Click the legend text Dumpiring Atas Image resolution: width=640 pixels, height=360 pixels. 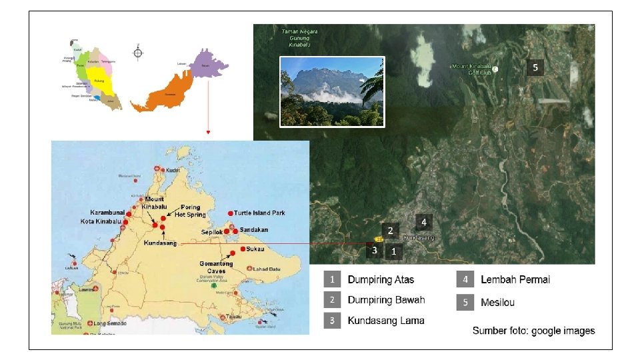pyautogui.click(x=381, y=279)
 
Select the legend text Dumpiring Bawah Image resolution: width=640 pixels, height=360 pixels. pyautogui.click(x=386, y=300)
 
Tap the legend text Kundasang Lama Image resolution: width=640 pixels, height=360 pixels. pyautogui.click(x=386, y=321)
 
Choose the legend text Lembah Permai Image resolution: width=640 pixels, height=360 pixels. pyautogui.click(x=515, y=279)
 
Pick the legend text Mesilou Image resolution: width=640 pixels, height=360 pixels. pyautogui.click(x=497, y=303)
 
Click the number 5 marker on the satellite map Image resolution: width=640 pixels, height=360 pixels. pyautogui.click(x=535, y=67)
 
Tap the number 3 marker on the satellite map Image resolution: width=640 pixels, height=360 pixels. pyautogui.click(x=375, y=251)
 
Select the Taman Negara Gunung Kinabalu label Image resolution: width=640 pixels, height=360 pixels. pyautogui.click(x=299, y=38)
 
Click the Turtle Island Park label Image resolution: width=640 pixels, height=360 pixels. pyautogui.click(x=259, y=213)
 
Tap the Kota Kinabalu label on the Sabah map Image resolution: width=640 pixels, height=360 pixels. pyautogui.click(x=101, y=221)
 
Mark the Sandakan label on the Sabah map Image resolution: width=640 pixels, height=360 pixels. pyautogui.click(x=254, y=229)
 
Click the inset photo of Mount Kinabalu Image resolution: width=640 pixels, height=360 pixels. pyautogui.click(x=332, y=91)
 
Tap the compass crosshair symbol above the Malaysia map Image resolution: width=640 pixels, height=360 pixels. pyautogui.click(x=138, y=52)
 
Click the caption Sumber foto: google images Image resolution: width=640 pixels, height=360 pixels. pyautogui.click(x=533, y=331)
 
